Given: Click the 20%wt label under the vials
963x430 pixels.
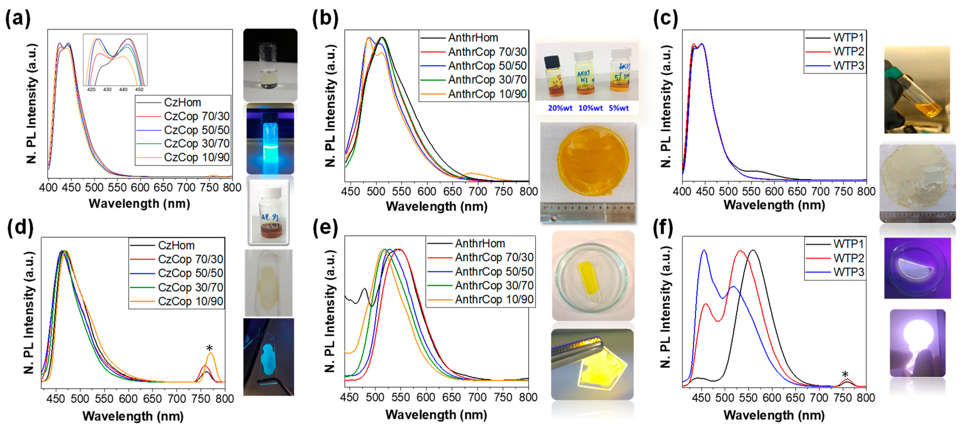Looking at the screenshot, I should coord(560,108).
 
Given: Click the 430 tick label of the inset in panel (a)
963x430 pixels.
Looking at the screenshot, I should coord(107,90).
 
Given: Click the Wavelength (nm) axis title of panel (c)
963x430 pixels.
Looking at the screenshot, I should coord(774,205).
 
